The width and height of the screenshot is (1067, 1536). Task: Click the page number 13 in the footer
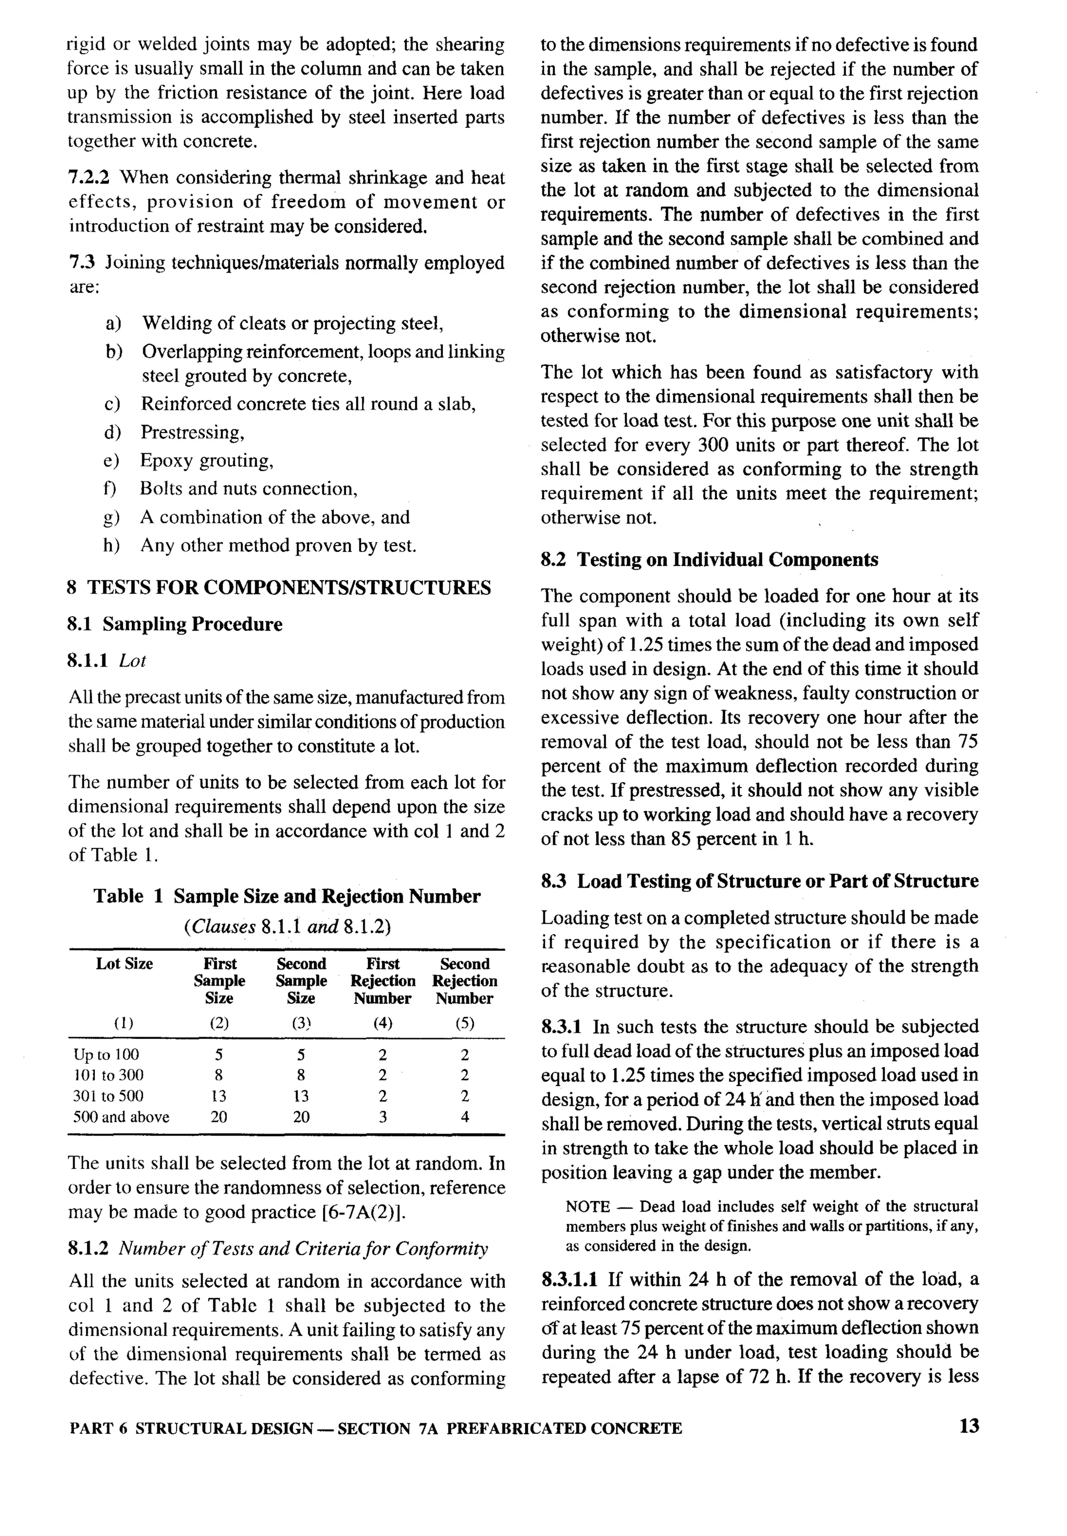click(x=969, y=1427)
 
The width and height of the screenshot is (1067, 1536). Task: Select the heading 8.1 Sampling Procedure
click(x=175, y=624)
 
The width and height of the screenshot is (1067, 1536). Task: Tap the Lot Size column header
click(x=125, y=964)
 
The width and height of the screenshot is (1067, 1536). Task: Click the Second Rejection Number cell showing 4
click(x=465, y=1117)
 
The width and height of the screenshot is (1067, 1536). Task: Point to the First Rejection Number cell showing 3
click(x=382, y=1117)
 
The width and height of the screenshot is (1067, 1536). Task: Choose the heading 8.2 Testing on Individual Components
click(x=709, y=560)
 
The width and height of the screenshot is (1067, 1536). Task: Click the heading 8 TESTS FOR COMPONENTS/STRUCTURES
click(x=279, y=588)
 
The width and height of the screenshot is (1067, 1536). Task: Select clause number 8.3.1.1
click(x=569, y=1279)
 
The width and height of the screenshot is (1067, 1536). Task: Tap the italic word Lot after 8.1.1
click(x=132, y=661)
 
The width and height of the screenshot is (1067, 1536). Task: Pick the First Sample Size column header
click(x=219, y=980)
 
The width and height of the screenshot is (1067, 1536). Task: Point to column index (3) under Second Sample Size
click(x=301, y=1023)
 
